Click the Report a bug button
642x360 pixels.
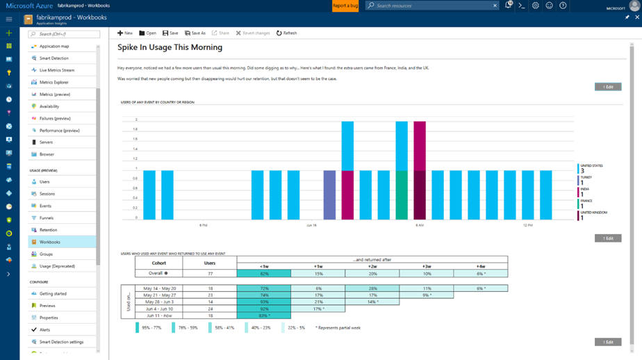click(345, 6)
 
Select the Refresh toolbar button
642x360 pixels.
click(286, 33)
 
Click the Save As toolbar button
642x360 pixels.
click(195, 33)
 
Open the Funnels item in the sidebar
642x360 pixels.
click(46, 218)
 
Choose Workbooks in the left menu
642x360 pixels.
click(49, 242)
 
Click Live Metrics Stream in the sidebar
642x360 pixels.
click(56, 70)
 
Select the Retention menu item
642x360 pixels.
click(48, 230)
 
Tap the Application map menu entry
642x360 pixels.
click(53, 47)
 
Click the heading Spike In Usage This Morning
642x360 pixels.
click(170, 47)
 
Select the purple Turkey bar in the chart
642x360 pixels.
click(329, 195)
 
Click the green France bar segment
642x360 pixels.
click(402, 195)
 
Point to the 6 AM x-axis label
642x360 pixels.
click(420, 225)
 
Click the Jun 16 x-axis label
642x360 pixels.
click(311, 225)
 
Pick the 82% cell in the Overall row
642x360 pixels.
click(264, 274)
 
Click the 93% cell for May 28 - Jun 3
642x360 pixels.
click(264, 302)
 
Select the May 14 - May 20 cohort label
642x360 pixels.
click(160, 288)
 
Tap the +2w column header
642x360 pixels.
click(372, 266)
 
